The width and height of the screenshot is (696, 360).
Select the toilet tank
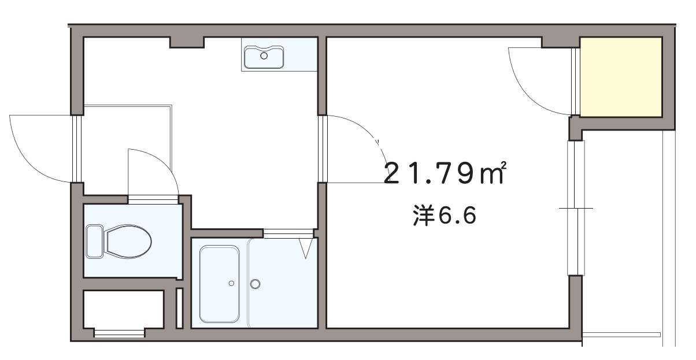tap(94, 241)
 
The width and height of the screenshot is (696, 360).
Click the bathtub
tap(220, 284)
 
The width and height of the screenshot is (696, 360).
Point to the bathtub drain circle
tap(231, 283)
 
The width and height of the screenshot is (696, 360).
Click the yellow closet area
tap(620, 77)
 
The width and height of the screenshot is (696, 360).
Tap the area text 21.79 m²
tap(445, 173)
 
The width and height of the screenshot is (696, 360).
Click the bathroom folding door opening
tap(288, 233)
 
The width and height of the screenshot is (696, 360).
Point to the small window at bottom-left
tap(119, 332)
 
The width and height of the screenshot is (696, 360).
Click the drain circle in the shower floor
tap(255, 284)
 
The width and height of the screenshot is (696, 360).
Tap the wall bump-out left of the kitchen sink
tap(187, 42)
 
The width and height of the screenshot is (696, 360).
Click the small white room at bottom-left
tap(123, 309)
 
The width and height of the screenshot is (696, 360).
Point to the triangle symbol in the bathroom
tap(306, 248)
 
